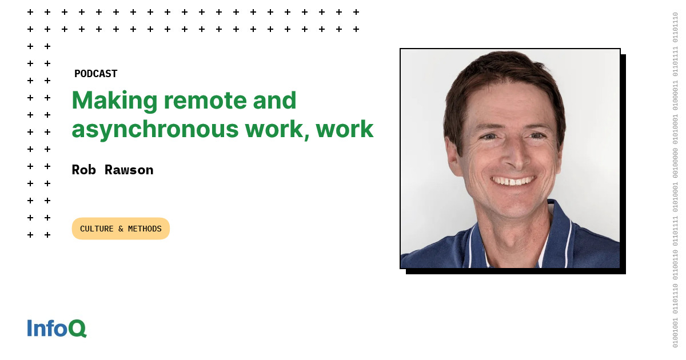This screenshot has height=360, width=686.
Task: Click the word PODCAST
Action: (95, 74)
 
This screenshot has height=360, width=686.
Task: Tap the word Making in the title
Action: (114, 101)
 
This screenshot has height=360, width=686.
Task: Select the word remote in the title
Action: (205, 101)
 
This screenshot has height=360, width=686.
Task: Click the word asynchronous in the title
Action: (155, 130)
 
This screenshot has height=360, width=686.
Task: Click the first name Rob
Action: (83, 170)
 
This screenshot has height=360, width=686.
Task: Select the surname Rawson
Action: (129, 170)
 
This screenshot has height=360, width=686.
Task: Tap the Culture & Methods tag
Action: (121, 229)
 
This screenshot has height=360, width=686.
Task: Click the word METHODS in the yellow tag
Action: (145, 229)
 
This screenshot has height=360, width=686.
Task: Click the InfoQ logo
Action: (57, 328)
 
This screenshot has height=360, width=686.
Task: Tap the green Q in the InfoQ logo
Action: (77, 329)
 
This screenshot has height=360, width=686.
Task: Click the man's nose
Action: (517, 156)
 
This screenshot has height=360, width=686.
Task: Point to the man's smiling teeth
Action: (513, 181)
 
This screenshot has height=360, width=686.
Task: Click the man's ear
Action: (453, 156)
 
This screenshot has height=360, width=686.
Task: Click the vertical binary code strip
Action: (675, 180)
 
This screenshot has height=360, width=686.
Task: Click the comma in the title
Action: (306, 137)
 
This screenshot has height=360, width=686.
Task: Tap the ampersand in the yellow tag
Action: (121, 229)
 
